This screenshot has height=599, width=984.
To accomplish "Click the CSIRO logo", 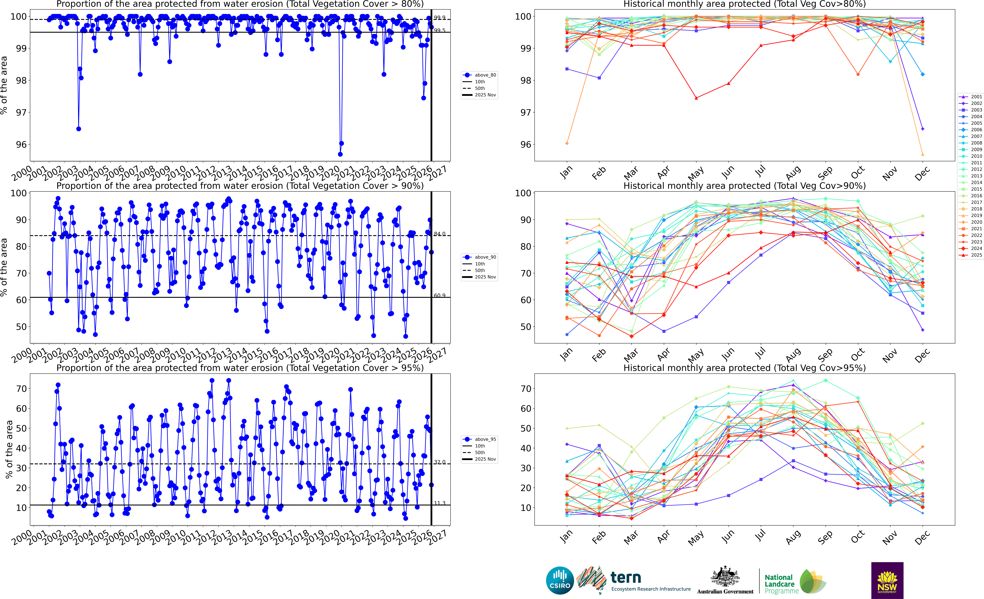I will (560, 580).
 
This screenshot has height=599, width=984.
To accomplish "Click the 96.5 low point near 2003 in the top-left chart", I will (79, 129).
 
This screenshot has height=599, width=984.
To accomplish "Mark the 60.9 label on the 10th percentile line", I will (440, 295).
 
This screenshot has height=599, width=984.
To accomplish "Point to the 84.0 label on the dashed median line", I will (440, 234).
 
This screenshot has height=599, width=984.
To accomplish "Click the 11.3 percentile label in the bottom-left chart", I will (440, 503).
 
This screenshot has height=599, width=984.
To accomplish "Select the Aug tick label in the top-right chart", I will (793, 173).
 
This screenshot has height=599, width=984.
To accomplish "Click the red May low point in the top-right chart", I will (696, 98).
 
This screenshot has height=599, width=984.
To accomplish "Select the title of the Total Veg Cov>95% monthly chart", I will (744, 368).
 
